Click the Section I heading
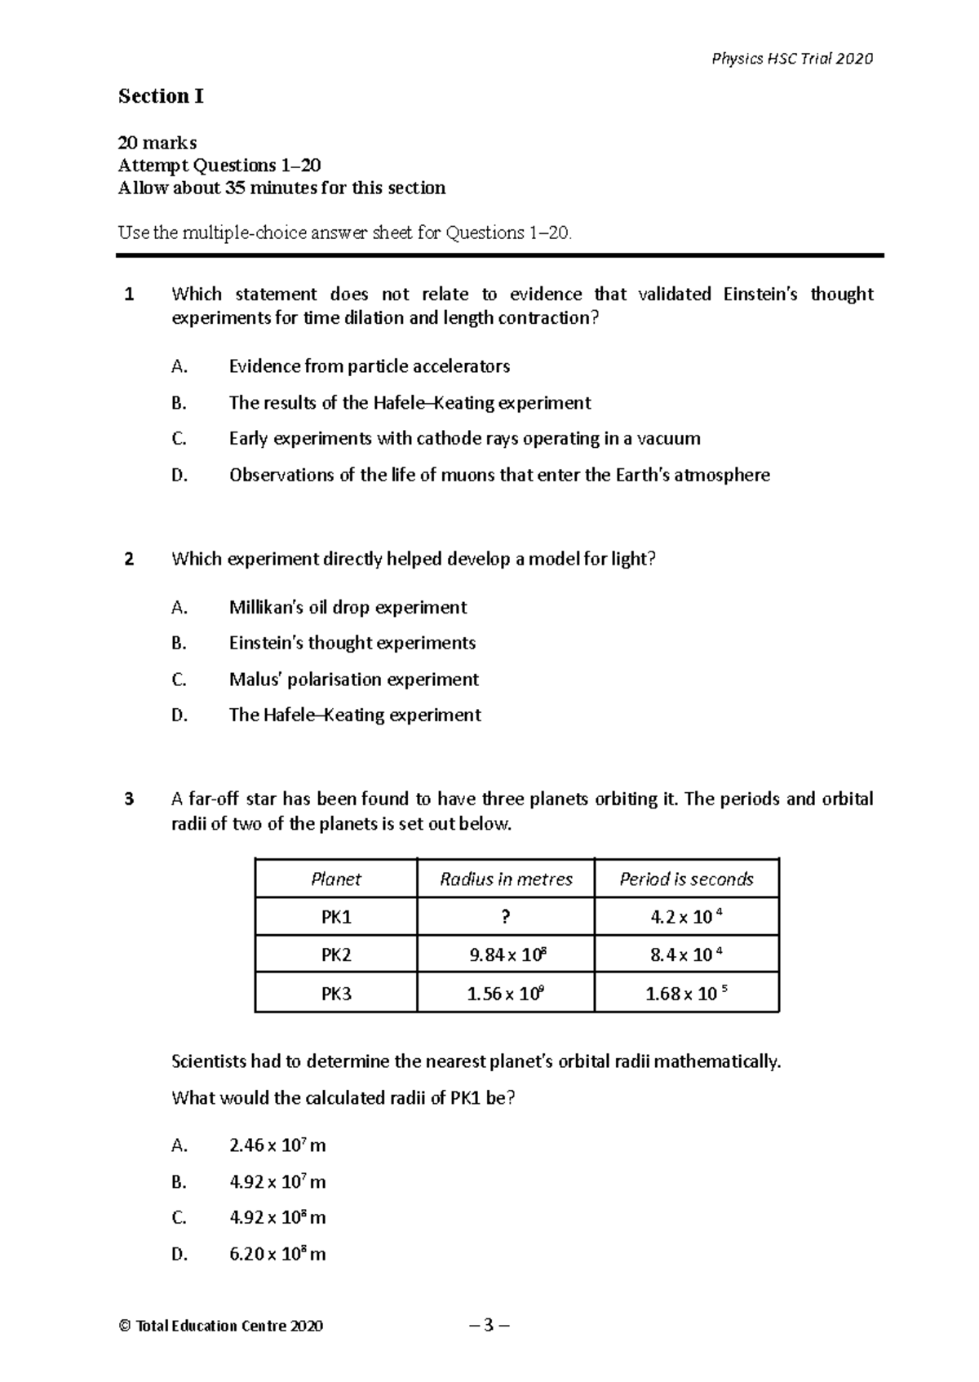[x=161, y=96]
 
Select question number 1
[x=129, y=295]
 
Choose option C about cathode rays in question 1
[x=464, y=439]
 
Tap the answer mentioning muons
[x=499, y=475]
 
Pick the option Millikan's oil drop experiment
[x=348, y=607]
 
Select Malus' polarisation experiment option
[x=353, y=680]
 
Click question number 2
[x=129, y=560]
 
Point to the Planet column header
[x=335, y=879]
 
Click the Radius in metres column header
[x=506, y=879]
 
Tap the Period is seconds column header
[x=686, y=879]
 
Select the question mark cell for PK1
[x=506, y=917]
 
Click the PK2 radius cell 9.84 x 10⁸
[x=506, y=955]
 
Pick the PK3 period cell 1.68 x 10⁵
[x=686, y=994]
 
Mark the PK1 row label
[x=335, y=917]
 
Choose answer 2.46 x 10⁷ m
[x=277, y=1145]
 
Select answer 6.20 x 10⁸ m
[x=277, y=1254]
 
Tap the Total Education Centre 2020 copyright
[x=221, y=1326]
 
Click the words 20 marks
[x=157, y=144]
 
